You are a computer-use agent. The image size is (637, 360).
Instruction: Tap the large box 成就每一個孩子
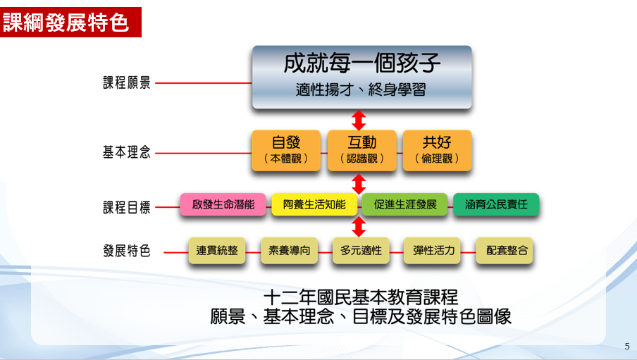coord(361,77)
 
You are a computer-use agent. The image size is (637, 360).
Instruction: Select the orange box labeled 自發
coord(286,150)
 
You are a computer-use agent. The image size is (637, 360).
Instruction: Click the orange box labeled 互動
coord(361,150)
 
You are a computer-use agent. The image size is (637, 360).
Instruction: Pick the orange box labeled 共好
coord(437,150)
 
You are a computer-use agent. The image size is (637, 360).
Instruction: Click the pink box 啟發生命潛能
coord(223,205)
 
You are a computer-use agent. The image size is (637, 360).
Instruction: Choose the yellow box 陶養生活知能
coord(314,205)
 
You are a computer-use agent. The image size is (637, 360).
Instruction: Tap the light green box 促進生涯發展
coord(405,205)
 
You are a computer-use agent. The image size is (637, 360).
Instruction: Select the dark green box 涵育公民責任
coord(496,205)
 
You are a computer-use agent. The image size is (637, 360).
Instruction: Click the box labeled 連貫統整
coord(217,250)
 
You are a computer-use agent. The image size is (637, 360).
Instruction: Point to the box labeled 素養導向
coord(289,250)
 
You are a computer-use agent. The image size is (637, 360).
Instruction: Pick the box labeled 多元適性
coord(361,250)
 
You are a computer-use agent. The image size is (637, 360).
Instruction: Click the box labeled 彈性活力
coord(433,250)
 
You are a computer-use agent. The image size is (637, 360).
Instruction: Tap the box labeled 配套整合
coord(505,250)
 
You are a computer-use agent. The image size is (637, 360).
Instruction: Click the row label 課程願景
coord(127,83)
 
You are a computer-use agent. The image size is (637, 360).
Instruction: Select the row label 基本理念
coord(127,151)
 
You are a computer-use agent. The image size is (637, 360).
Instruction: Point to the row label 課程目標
coord(127,207)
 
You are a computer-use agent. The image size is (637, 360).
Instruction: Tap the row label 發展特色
coord(127,251)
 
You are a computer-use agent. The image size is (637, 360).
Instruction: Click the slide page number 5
coord(627,347)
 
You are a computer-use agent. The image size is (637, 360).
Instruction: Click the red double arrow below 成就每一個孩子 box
coord(359,119)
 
